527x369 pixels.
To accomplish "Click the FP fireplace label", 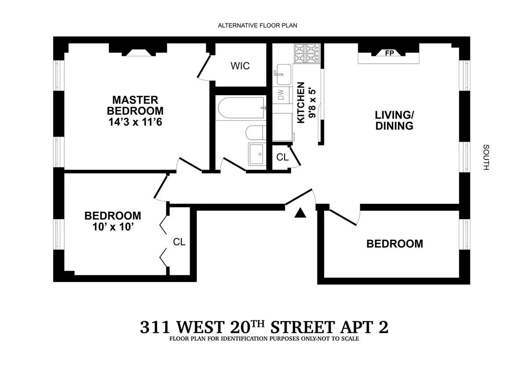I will [389, 53].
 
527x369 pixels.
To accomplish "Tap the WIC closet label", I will [240, 66].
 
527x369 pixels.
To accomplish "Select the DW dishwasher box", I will [282, 94].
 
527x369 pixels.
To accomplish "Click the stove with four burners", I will [307, 54].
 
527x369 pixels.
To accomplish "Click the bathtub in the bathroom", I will [241, 108].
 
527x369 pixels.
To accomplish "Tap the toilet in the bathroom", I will [255, 132].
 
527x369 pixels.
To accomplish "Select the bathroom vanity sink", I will [257, 154].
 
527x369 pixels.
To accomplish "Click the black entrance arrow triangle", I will [300, 213].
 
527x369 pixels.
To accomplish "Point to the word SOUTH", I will [485, 157].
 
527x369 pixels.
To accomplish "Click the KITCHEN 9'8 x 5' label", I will [306, 103].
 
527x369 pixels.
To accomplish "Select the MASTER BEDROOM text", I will [135, 105].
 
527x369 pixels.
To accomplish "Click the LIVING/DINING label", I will [394, 121].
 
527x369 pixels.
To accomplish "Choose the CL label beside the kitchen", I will [282, 157].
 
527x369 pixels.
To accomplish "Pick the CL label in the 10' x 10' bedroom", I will [179, 242].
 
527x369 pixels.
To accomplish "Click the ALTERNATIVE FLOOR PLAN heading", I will [258, 25].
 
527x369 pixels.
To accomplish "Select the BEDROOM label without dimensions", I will [395, 243].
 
